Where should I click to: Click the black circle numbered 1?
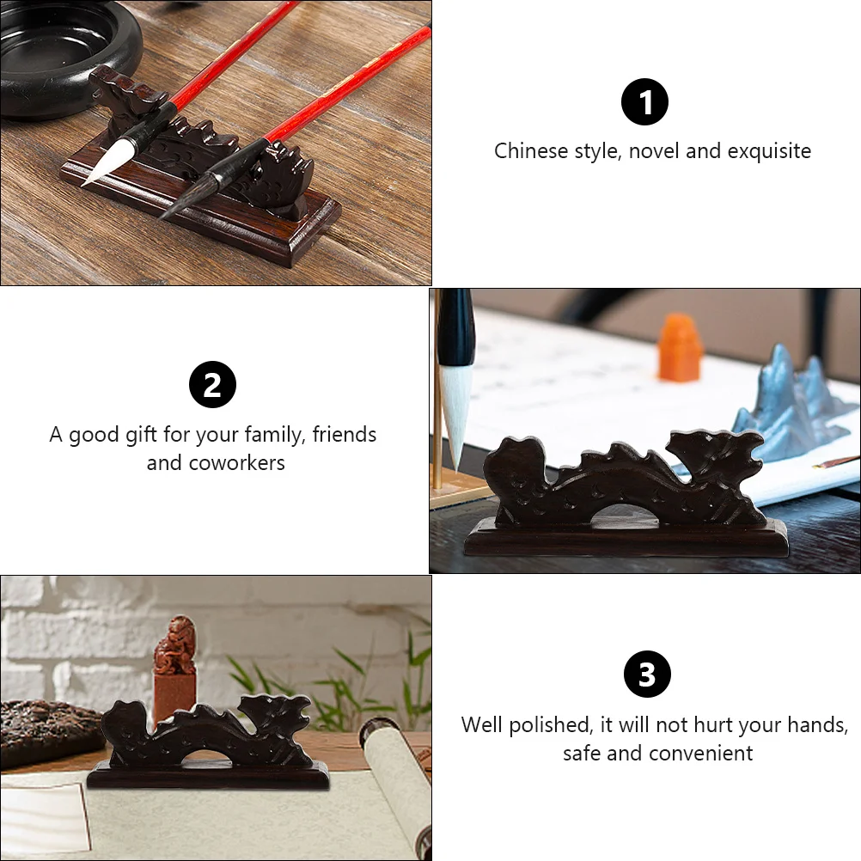644,102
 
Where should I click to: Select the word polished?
552,724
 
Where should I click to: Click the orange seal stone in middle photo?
680,346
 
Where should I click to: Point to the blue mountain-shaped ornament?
786,404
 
